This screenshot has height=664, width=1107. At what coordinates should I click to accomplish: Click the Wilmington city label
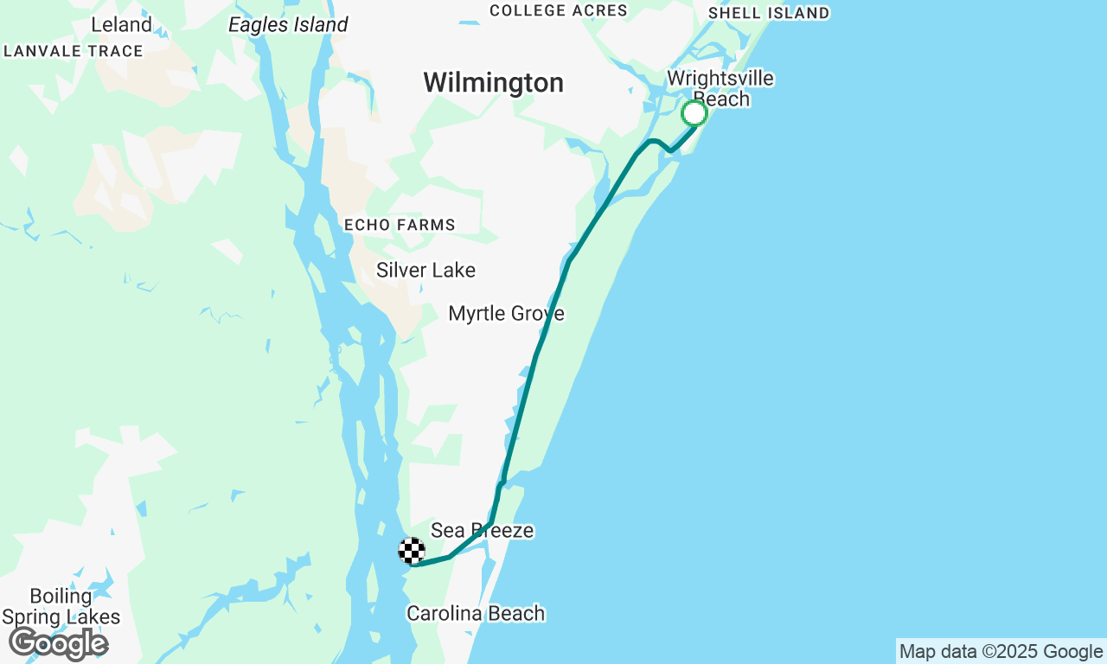point(493,83)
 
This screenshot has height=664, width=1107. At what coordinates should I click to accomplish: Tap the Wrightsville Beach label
point(720,89)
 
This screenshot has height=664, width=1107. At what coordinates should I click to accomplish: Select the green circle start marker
point(694,113)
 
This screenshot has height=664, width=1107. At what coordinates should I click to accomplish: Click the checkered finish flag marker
point(412,551)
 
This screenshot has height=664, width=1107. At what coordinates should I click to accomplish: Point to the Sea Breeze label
point(482,530)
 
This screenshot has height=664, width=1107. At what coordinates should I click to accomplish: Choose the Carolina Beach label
point(476,614)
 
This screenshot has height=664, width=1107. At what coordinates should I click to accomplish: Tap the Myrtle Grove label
point(506,313)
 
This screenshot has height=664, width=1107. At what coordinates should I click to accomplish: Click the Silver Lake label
point(426,271)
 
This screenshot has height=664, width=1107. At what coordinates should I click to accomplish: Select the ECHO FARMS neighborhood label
point(400,225)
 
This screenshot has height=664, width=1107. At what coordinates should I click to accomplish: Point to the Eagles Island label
point(288,25)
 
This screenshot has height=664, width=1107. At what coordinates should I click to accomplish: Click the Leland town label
point(121,24)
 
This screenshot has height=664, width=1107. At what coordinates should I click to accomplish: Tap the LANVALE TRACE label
point(74,51)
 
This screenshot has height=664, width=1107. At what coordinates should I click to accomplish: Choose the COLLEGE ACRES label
point(559,10)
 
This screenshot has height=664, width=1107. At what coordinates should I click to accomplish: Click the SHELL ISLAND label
point(769,13)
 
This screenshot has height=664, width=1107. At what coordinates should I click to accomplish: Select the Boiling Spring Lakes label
point(61,607)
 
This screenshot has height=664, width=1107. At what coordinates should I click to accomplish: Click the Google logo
point(59,643)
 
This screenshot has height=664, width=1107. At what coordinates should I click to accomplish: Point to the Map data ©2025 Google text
point(1001,652)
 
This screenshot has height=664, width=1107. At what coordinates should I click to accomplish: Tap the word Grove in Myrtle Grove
point(537,313)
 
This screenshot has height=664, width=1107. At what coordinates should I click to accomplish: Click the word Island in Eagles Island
point(320,25)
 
